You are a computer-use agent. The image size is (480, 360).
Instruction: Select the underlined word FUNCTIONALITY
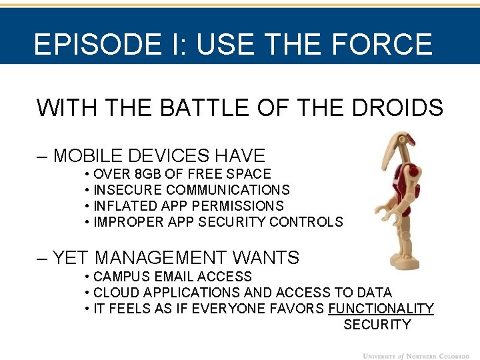point(381,309)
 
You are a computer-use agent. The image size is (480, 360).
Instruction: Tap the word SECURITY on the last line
point(377,325)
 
